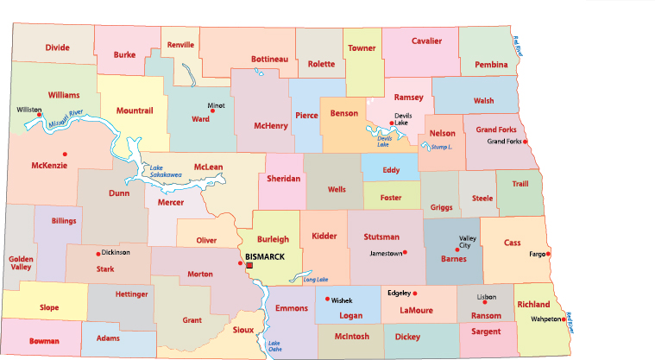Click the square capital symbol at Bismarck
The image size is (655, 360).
tap(249, 266)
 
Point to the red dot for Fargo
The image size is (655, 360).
tap(548, 254)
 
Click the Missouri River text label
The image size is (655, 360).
tap(64, 118)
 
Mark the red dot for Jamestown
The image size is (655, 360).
tap(405, 252)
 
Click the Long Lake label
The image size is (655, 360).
tap(316, 280)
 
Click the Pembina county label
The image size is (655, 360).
tap(491, 65)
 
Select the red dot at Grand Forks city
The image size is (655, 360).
tap(526, 142)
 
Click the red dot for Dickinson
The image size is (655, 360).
tap(98, 252)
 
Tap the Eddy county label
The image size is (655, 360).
tap(391, 170)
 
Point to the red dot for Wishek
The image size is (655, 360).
tap(327, 300)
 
